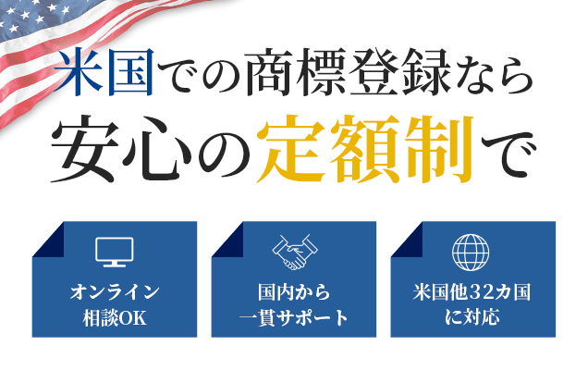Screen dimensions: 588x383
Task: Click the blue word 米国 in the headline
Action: pos(104,71)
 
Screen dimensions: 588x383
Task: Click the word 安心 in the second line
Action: pos(121,149)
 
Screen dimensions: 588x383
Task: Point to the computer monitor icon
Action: pos(115,252)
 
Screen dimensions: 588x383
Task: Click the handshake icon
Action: pos(295,252)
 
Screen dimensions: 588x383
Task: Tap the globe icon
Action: pos(471,252)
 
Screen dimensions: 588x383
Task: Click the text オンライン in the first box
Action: pos(115,292)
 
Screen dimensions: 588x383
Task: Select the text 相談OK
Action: pos(115,317)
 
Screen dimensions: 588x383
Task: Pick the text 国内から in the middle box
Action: pos(294,292)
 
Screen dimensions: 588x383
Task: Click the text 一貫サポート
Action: pos(294,317)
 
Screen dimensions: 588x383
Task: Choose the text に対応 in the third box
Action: pos(472,317)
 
